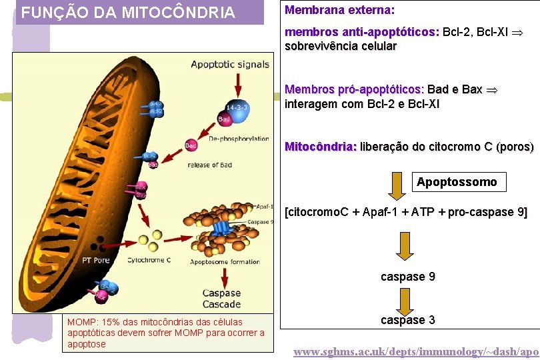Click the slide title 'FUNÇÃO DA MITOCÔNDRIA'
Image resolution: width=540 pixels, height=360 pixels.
(x=128, y=13)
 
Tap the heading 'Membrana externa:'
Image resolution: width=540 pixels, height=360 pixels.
(x=340, y=11)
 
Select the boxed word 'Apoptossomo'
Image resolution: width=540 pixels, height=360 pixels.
(x=457, y=182)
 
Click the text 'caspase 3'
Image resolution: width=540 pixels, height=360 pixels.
(x=408, y=320)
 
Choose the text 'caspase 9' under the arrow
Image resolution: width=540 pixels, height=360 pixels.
(x=408, y=276)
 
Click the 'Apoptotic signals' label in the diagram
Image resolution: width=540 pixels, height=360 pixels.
(x=230, y=65)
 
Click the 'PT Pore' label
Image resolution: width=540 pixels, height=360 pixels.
(x=96, y=260)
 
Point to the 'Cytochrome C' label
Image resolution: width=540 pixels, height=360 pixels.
(x=149, y=260)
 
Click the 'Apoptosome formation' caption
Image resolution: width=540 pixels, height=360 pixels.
(x=225, y=262)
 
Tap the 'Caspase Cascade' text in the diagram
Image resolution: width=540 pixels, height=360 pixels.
(x=221, y=299)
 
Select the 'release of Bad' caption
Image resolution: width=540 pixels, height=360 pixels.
(x=209, y=165)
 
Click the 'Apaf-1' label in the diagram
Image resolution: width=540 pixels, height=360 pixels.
(x=263, y=207)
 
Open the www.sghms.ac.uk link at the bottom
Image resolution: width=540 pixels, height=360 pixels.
(x=416, y=351)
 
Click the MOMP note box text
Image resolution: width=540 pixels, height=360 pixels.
(x=166, y=333)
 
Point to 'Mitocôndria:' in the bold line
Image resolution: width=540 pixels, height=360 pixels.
(x=321, y=147)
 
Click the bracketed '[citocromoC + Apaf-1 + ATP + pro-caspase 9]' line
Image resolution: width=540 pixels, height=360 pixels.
(x=406, y=213)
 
